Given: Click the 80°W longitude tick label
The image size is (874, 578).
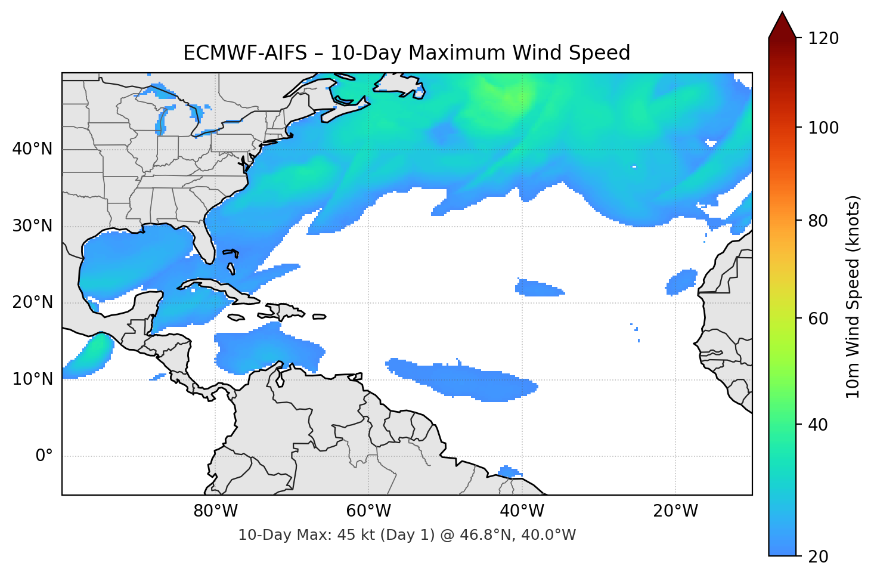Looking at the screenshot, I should [x=215, y=511].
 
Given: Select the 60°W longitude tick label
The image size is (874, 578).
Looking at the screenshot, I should [x=368, y=511].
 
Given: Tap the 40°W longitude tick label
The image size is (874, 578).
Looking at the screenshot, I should [x=522, y=511].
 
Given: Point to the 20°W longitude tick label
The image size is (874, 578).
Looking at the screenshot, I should [x=675, y=511].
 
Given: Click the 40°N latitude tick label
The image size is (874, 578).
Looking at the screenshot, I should [x=32, y=149].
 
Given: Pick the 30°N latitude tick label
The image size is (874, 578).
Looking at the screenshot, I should [x=32, y=226].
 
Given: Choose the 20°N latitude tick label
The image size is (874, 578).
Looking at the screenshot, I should [x=32, y=302].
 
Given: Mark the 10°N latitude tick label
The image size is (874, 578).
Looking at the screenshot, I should [x=32, y=379].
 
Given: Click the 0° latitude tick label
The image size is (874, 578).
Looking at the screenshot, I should [x=44, y=456].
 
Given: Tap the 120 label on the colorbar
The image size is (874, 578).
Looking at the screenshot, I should [x=823, y=38].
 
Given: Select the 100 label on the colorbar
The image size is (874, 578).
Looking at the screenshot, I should [x=823, y=128].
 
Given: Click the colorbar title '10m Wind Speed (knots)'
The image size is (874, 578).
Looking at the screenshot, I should [x=853, y=296].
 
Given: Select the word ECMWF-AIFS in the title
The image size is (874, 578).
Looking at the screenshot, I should [x=245, y=53].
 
